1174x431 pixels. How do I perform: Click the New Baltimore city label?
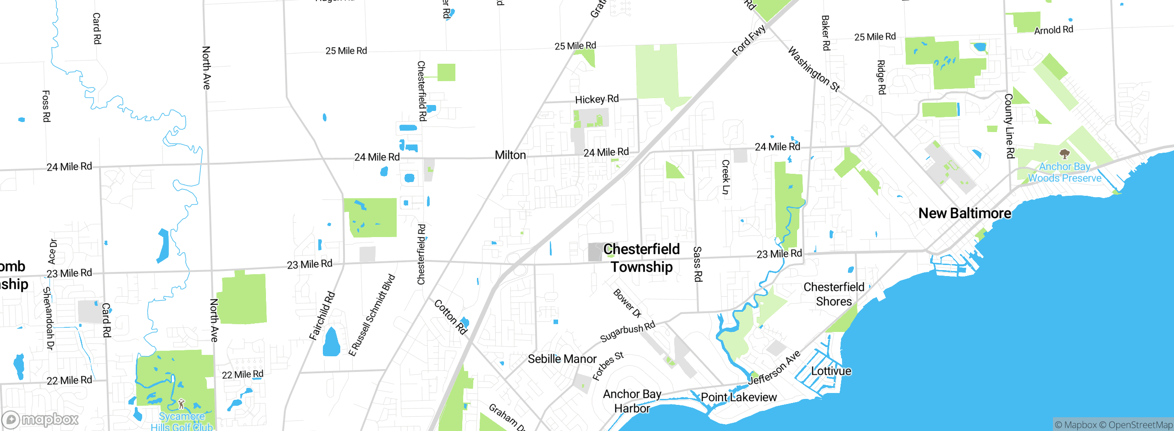coord(964,213)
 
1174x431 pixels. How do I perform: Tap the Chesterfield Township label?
coord(642,258)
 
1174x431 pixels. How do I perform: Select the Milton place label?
coord(510,155)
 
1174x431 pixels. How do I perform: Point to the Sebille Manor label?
coord(562,359)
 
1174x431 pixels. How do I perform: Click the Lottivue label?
coord(831,371)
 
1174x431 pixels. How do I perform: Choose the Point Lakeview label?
coord(739,397)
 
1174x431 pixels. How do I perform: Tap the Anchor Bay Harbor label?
coord(632,401)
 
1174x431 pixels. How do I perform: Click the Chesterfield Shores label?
coord(834,294)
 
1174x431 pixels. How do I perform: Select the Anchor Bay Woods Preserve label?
coord(1064,172)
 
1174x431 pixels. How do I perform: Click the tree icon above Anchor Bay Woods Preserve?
coord(1064,154)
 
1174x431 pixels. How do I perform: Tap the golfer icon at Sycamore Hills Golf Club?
coord(181,403)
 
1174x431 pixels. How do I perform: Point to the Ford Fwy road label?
coord(748,40)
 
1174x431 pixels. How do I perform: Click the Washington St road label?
coord(814,69)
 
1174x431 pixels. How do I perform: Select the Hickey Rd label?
coord(597,99)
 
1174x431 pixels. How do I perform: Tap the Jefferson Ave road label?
coord(774,367)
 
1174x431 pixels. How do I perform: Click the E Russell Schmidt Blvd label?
coord(371,315)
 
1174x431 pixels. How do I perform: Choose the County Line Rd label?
coord(1009,126)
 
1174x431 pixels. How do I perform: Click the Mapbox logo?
coord(40,419)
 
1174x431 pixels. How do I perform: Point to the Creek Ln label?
coord(725,177)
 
